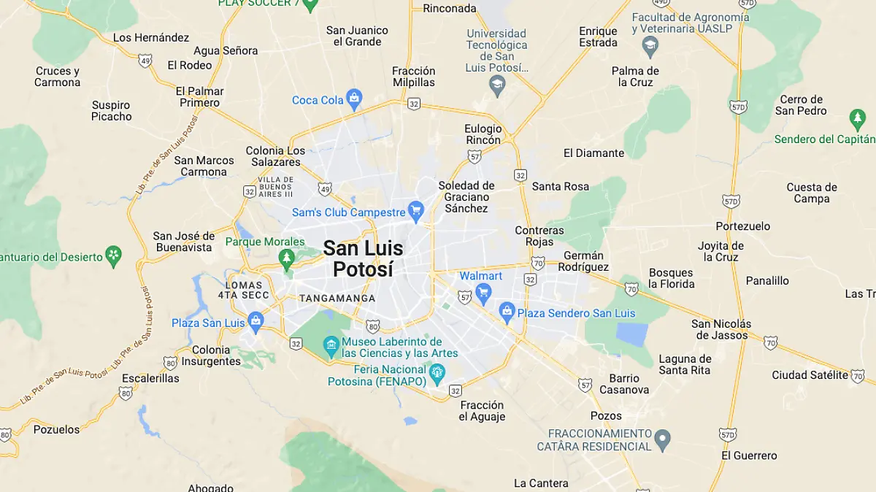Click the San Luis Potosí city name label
[x=363, y=258]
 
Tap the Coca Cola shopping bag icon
[x=354, y=99]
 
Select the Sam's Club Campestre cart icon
[x=416, y=212]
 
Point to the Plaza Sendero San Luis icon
[x=507, y=312]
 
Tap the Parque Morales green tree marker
[x=287, y=258]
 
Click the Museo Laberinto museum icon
[x=331, y=345]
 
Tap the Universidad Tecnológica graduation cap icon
[x=497, y=86]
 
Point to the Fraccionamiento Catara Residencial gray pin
[x=662, y=440]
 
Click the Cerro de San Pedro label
[x=801, y=105]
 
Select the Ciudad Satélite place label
[x=810, y=375]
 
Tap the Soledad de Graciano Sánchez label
[x=466, y=197]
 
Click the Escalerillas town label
[x=150, y=379]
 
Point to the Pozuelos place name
[x=56, y=429]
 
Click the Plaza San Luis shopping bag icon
[x=255, y=321]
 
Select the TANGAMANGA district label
[x=337, y=299]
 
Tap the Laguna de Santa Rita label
[x=685, y=364]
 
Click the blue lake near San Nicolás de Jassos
[x=632, y=334]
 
